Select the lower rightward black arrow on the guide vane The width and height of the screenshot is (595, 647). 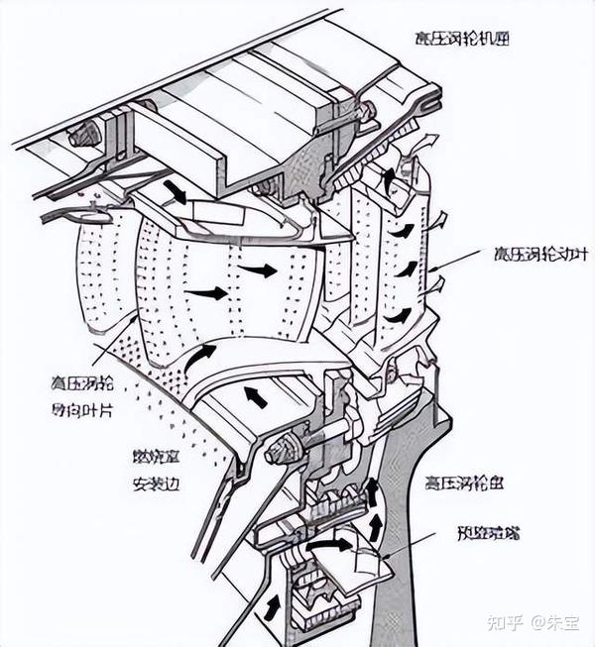[208, 293]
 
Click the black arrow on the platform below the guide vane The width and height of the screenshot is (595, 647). [256, 396]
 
